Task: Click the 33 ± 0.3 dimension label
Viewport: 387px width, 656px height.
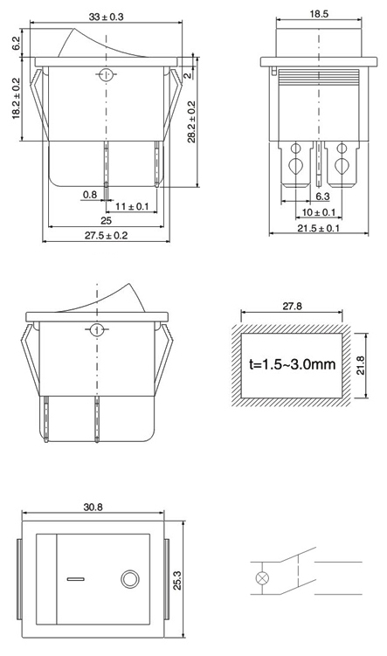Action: pyautogui.click(x=107, y=17)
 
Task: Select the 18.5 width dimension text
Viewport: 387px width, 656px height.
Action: pyautogui.click(x=319, y=14)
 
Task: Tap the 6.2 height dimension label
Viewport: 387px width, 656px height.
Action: pyautogui.click(x=16, y=44)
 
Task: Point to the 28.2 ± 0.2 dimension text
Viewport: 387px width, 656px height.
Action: pyautogui.click(x=191, y=121)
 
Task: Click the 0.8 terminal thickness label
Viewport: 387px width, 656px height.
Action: pyautogui.click(x=89, y=195)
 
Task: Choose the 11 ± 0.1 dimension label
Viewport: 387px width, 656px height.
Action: pyautogui.click(x=132, y=206)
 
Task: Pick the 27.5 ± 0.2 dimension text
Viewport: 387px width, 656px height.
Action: pyautogui.click(x=106, y=235)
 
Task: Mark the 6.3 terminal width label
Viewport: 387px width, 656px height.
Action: pyautogui.click(x=322, y=197)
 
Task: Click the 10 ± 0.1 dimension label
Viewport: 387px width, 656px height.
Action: pyautogui.click(x=319, y=212)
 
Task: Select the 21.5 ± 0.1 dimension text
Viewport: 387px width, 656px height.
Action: pyautogui.click(x=319, y=228)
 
